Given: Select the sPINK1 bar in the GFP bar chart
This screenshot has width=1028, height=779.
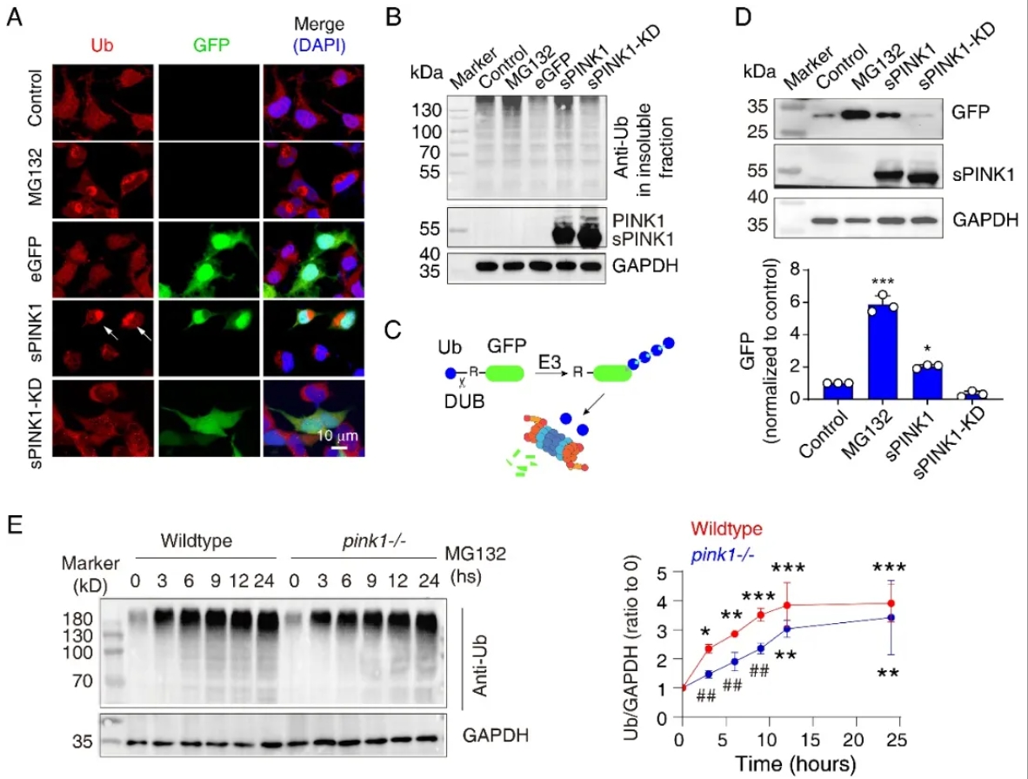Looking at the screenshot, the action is (x=927, y=383).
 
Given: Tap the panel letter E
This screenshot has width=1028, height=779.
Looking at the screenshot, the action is (x=15, y=525).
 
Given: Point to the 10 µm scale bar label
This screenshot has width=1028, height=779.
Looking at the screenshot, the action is (x=337, y=435).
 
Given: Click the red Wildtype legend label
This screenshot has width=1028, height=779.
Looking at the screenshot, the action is (x=726, y=529).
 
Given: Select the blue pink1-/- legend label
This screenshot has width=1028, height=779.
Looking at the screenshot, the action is (x=723, y=555).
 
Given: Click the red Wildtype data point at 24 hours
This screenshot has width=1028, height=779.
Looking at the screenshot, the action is (x=891, y=603).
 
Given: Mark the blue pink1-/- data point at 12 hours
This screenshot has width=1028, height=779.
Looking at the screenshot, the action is (x=787, y=628).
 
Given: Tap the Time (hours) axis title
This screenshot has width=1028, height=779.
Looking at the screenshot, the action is (x=795, y=764).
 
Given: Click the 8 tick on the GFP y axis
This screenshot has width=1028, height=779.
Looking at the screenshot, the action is (x=795, y=269).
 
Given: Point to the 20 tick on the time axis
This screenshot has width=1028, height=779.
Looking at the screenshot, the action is (x=853, y=740).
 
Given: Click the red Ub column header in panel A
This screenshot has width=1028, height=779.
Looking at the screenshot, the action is (x=102, y=45).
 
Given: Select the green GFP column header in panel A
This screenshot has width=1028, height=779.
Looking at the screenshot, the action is (x=211, y=45).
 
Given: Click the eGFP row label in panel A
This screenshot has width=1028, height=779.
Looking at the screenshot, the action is (x=35, y=259).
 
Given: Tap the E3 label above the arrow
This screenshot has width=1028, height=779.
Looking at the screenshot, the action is (x=550, y=361).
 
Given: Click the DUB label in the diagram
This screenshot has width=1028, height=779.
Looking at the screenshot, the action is (x=464, y=401).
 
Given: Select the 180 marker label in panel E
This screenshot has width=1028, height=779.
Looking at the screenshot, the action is (x=78, y=619).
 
